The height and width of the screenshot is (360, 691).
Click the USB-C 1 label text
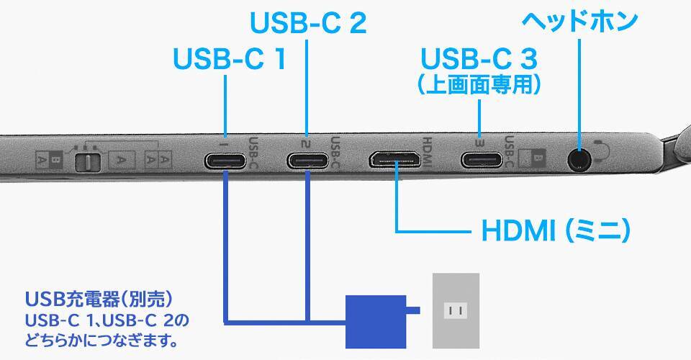click(x=229, y=59)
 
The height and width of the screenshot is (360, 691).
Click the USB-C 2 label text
click(x=308, y=23)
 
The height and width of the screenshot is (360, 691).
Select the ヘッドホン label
click(x=579, y=20)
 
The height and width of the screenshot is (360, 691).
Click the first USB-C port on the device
click(x=227, y=160)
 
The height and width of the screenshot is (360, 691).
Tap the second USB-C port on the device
click(x=308, y=160)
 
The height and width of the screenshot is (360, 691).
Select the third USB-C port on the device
click(x=481, y=160)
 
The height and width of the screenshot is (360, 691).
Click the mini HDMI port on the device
click(x=395, y=159)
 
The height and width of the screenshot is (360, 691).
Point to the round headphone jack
click(x=577, y=158)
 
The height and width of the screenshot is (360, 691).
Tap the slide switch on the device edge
click(x=87, y=161)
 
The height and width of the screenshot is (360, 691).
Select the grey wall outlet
click(x=455, y=310)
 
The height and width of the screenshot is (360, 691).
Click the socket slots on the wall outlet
click(x=455, y=311)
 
